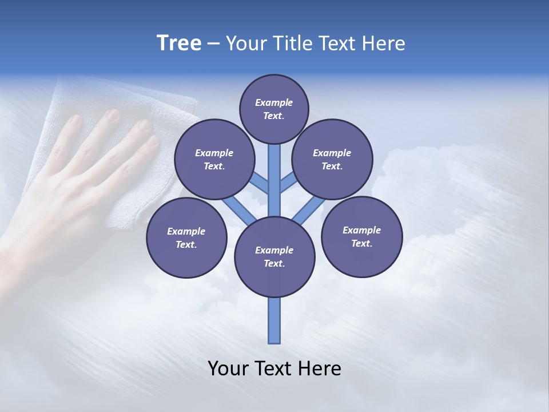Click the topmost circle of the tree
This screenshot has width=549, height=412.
[x=274, y=109]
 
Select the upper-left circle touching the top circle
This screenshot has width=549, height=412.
[x=214, y=159]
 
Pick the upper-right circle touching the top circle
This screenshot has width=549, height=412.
[x=332, y=159]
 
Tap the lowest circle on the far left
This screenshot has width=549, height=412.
[x=186, y=237]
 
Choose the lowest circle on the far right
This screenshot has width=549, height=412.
[x=361, y=236]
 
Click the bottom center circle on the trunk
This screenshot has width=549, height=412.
[x=274, y=256]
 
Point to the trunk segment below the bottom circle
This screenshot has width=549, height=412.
[x=274, y=320]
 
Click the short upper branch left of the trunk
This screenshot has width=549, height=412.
[x=260, y=184]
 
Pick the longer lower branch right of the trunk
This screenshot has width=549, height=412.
[x=309, y=209]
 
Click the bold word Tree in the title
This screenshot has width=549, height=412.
[x=179, y=43]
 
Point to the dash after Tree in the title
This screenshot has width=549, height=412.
[x=213, y=43]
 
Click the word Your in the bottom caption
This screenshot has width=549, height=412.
[x=229, y=369]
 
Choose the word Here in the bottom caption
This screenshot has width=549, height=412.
[x=320, y=369]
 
